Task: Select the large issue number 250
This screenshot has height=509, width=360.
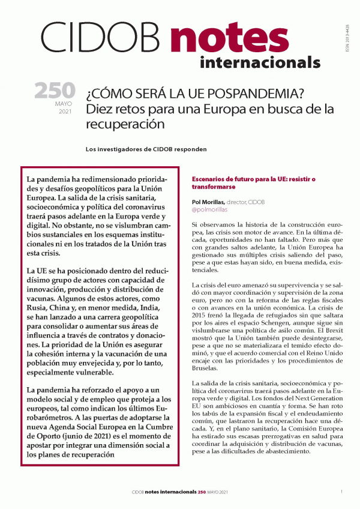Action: [x=55, y=91]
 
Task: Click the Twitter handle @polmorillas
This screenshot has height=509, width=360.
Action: [x=211, y=212]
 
